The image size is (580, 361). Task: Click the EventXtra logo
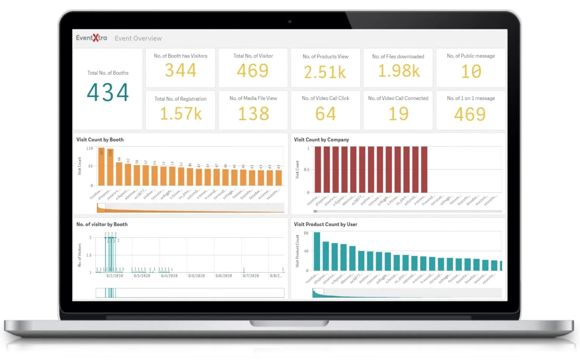(x=91, y=38)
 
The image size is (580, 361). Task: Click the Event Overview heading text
(x=138, y=38)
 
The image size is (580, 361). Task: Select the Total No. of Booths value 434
(x=108, y=92)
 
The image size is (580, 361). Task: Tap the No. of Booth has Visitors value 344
(x=180, y=71)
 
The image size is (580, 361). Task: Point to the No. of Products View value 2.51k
(x=325, y=72)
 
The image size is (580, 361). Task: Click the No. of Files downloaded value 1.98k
(x=398, y=71)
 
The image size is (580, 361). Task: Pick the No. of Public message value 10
(x=471, y=71)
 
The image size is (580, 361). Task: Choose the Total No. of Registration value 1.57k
(x=180, y=114)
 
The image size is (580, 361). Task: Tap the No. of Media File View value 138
(x=253, y=114)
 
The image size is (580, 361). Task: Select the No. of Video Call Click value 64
(x=325, y=114)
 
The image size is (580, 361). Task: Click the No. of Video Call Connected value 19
(x=398, y=114)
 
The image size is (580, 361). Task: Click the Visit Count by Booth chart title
(x=100, y=140)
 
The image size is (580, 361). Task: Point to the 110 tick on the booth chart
(x=89, y=149)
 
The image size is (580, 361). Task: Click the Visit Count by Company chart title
(x=321, y=140)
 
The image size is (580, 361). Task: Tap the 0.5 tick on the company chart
(x=307, y=170)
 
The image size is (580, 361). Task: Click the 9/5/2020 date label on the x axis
(x=196, y=276)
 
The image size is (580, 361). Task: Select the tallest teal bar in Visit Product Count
(x=317, y=251)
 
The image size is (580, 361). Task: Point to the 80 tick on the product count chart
(x=306, y=233)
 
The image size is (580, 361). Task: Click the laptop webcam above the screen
(x=290, y=22)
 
